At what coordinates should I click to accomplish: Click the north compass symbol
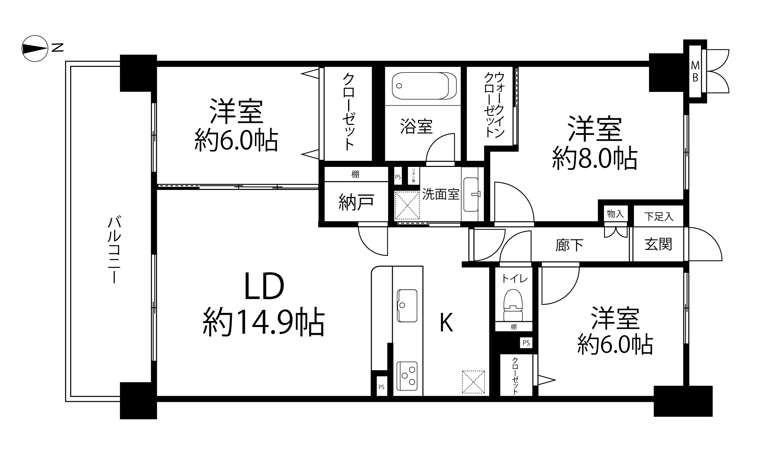point(35,48)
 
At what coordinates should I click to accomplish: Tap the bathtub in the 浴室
point(424,86)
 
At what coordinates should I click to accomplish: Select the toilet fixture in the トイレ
point(513,305)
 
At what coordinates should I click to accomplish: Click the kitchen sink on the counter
point(407,306)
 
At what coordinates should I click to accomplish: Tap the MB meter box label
point(695,71)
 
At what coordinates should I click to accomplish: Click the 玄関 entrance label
point(658,244)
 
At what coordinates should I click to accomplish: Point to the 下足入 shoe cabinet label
point(659,217)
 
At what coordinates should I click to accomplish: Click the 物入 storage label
point(615,214)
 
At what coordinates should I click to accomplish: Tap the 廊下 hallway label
point(569,245)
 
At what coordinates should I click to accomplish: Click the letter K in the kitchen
point(446,323)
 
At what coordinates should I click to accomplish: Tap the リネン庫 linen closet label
point(413,176)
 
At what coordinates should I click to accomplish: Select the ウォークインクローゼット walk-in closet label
point(495,105)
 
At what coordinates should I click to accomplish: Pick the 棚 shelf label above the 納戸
point(355,174)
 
